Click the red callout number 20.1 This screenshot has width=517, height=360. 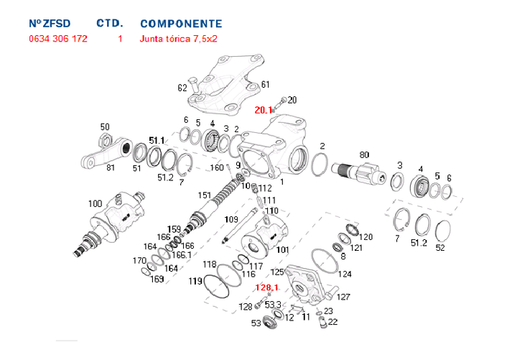click(264, 111)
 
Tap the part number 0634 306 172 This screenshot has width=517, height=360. click(58, 39)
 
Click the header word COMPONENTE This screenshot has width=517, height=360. click(181, 24)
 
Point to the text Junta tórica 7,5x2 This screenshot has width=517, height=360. click(178, 39)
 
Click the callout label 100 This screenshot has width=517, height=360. click(95, 204)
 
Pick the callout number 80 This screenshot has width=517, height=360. click(363, 154)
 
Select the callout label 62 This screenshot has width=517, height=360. click(182, 88)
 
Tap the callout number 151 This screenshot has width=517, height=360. click(205, 195)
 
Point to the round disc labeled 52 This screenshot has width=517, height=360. click(440, 231)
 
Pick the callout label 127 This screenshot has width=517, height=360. click(344, 296)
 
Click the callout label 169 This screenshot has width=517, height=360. click(157, 279)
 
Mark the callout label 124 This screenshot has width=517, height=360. click(345, 274)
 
